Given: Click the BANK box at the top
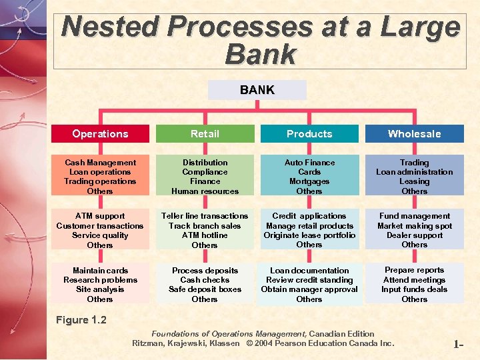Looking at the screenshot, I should [257, 90].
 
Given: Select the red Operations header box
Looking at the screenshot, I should [100, 133].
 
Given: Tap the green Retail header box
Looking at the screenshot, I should [205, 133].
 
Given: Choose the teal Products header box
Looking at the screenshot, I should [309, 133].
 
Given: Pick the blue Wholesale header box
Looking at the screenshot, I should [414, 133].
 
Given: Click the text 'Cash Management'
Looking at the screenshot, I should [100, 163].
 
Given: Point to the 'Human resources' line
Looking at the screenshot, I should [205, 191].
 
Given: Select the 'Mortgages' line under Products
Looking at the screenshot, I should [309, 181].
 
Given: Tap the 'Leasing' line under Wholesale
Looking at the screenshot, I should [414, 181].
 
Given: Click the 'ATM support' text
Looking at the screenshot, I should [100, 216].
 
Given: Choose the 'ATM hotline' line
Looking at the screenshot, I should [205, 235].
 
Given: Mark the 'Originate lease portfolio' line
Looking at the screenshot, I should [309, 235].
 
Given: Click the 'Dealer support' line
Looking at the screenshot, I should [414, 235].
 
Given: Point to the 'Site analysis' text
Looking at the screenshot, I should [100, 289].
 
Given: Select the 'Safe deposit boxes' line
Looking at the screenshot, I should [205, 289].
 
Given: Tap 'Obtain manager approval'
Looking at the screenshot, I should [309, 289].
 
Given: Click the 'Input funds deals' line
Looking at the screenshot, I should [414, 289].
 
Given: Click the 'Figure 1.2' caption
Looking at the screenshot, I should [81, 320].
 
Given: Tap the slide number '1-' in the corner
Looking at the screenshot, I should [459, 345].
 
